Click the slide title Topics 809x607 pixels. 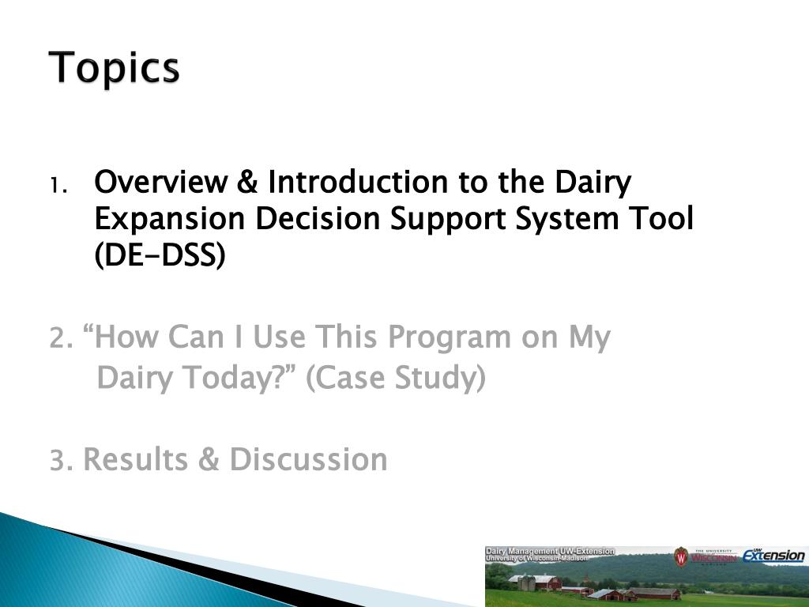114,67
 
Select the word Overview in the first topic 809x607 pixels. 161,182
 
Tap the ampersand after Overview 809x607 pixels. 247,182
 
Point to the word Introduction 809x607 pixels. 358,182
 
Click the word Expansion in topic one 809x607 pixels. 170,220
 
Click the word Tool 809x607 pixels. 661,218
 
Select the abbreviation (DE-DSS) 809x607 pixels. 160,255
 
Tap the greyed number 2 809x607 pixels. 60,338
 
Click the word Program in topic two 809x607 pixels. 449,338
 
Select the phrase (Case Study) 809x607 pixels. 396,378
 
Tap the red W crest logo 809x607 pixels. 681,557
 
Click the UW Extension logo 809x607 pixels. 773,556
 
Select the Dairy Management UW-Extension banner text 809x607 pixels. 550,554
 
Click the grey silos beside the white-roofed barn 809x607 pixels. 526,582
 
